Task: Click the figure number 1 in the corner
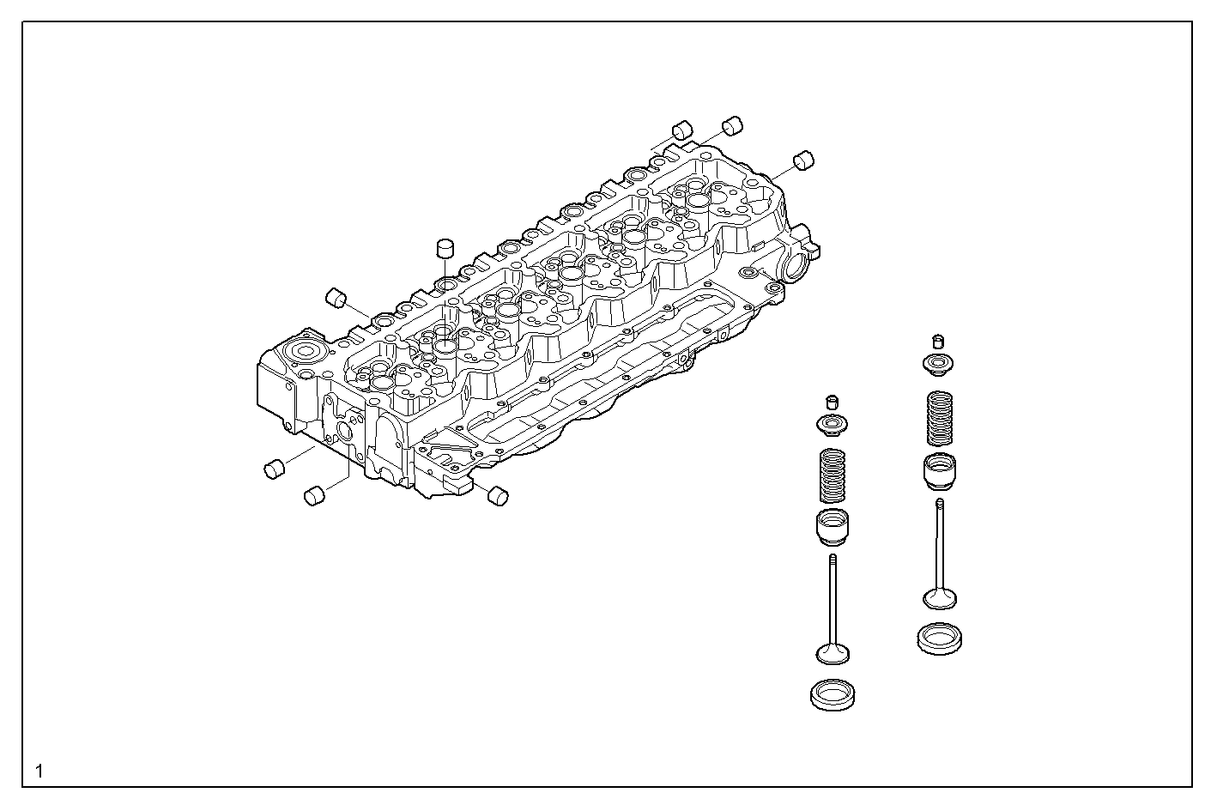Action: point(39,771)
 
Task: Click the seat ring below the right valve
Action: point(940,639)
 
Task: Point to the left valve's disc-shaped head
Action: point(832,654)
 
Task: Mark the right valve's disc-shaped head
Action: point(940,597)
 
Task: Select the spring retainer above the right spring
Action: point(939,364)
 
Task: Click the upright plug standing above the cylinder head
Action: point(445,248)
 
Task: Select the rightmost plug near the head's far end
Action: point(803,160)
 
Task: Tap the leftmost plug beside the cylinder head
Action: point(274,469)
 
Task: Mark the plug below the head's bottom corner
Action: point(497,495)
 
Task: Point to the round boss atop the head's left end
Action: point(305,353)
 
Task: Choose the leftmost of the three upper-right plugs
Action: point(681,130)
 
